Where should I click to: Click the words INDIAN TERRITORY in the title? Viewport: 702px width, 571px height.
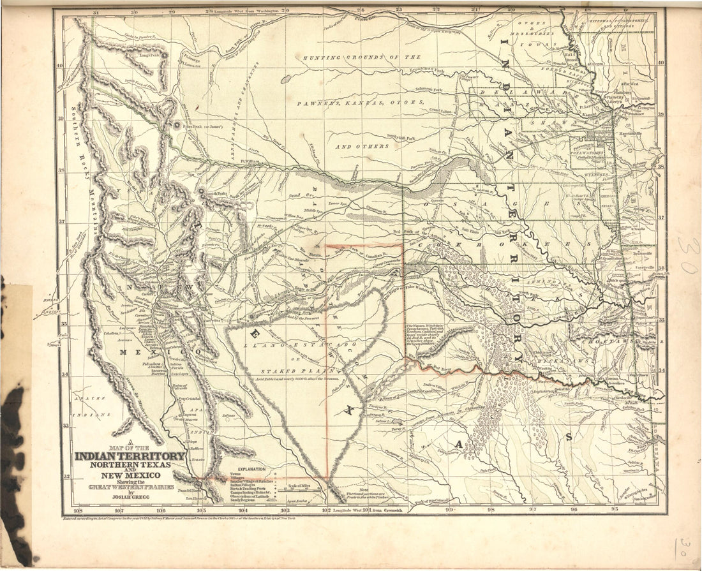[x=130, y=456]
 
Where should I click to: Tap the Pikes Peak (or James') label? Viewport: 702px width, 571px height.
[x=202, y=126]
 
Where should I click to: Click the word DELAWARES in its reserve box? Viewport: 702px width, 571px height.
[x=497, y=92]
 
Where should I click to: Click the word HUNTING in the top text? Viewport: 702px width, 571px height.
[x=323, y=57]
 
